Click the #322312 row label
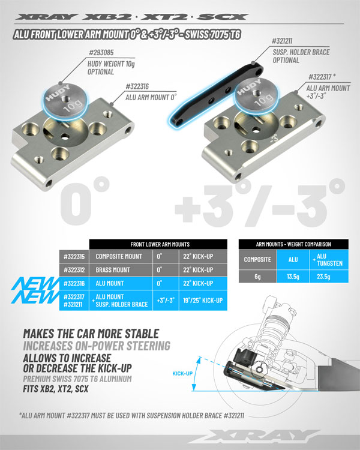74,270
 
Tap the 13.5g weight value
293,277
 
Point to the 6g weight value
258,277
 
